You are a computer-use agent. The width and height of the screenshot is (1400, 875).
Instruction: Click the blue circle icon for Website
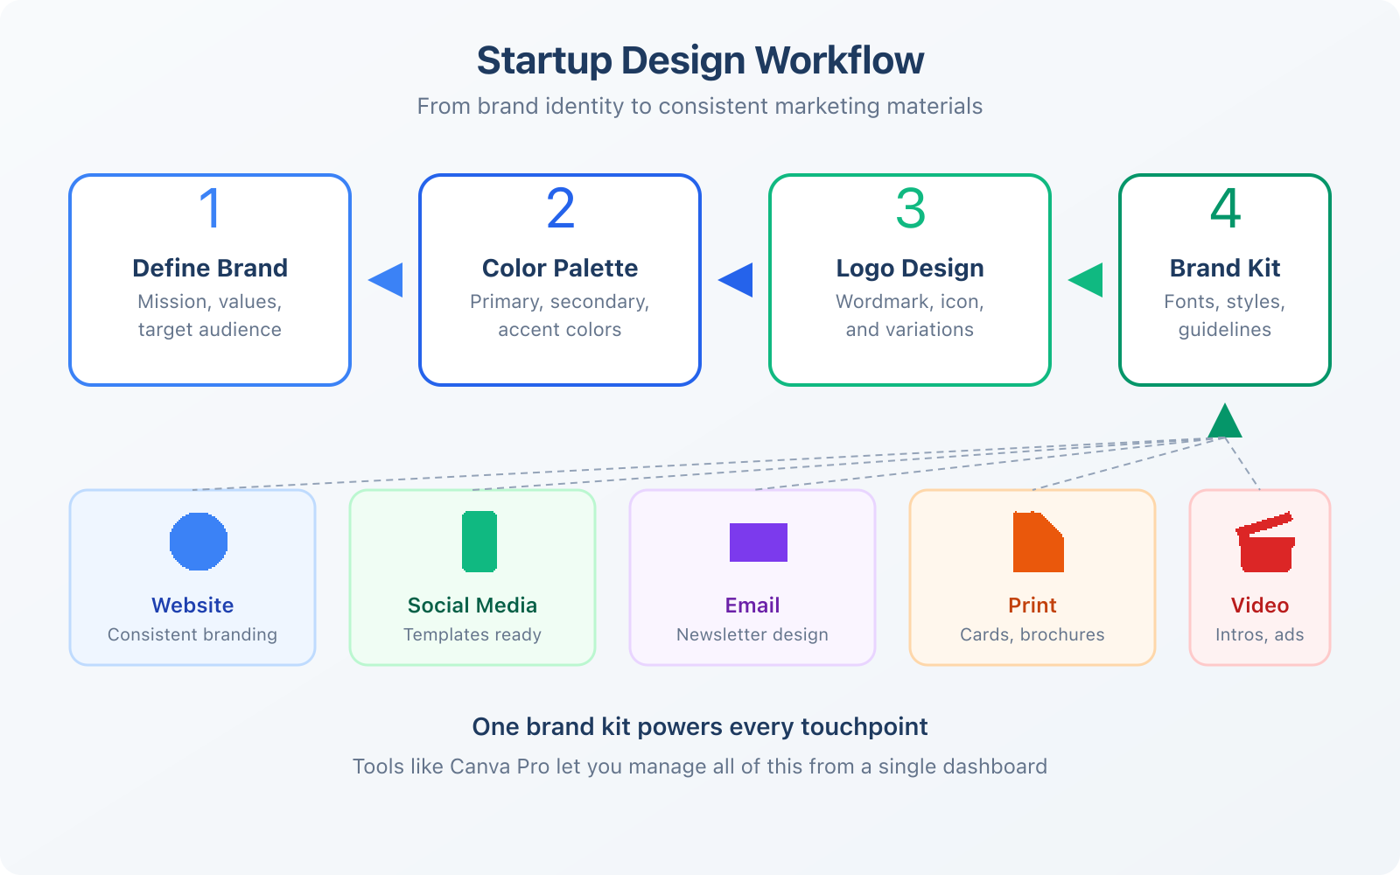click(199, 542)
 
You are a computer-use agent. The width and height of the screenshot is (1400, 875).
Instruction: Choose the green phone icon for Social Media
click(479, 542)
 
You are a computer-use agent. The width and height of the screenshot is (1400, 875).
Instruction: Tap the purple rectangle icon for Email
click(759, 542)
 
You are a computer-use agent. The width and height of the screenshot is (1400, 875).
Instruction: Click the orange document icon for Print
click(1038, 542)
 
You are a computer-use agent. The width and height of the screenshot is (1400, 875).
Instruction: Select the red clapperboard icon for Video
click(1265, 542)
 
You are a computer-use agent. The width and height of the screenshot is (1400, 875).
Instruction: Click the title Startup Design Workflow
click(700, 60)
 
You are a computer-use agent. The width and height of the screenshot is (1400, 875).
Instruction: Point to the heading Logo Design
click(910, 268)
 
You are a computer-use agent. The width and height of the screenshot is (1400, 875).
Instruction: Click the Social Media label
click(472, 605)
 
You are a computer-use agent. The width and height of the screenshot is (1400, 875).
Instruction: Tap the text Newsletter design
click(752, 634)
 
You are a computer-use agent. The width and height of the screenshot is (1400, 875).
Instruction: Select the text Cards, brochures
click(1032, 634)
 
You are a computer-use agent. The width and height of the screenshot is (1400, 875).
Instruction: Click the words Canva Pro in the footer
click(500, 766)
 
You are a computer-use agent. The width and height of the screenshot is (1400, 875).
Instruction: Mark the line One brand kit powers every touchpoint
click(700, 727)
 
